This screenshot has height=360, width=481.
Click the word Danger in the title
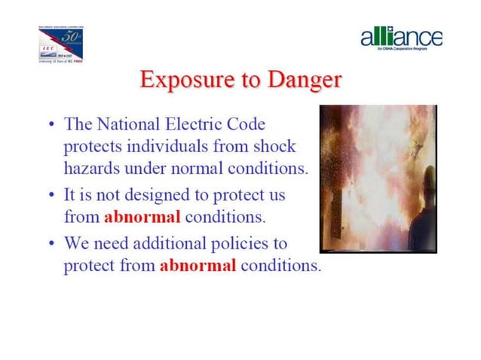(297, 80)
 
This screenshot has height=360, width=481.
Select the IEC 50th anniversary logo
(60, 46)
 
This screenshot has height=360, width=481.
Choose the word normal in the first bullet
(205, 168)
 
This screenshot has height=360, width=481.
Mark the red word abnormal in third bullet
(198, 266)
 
